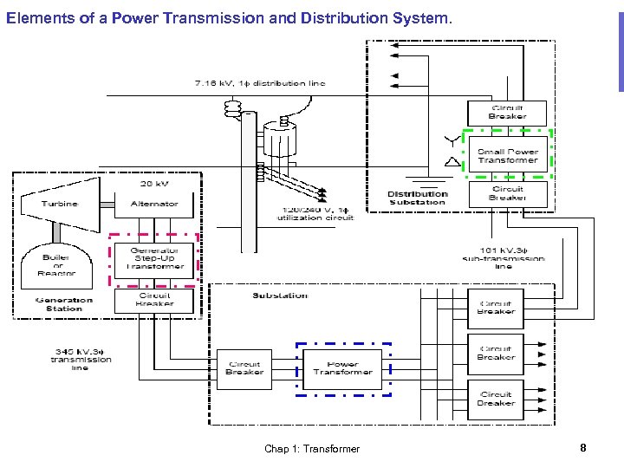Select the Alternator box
[x=154, y=204]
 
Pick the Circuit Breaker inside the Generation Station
[x=154, y=300]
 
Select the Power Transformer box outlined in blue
[x=343, y=367]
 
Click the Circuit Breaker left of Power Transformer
[x=244, y=367]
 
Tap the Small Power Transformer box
[x=508, y=156]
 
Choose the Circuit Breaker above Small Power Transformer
[x=508, y=112]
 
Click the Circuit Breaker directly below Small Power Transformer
[x=508, y=193]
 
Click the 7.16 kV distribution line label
[x=259, y=83]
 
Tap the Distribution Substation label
[x=417, y=198]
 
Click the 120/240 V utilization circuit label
[x=315, y=214]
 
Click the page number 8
[x=583, y=448]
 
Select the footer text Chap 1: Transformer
[x=312, y=449]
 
